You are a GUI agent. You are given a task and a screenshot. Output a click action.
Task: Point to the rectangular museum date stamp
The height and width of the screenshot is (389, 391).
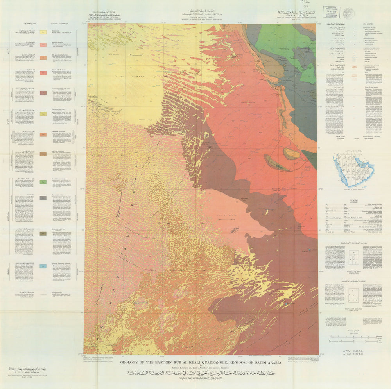tap(331, 12)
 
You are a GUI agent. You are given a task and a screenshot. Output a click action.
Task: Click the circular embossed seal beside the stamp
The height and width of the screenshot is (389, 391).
tap(349, 13)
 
